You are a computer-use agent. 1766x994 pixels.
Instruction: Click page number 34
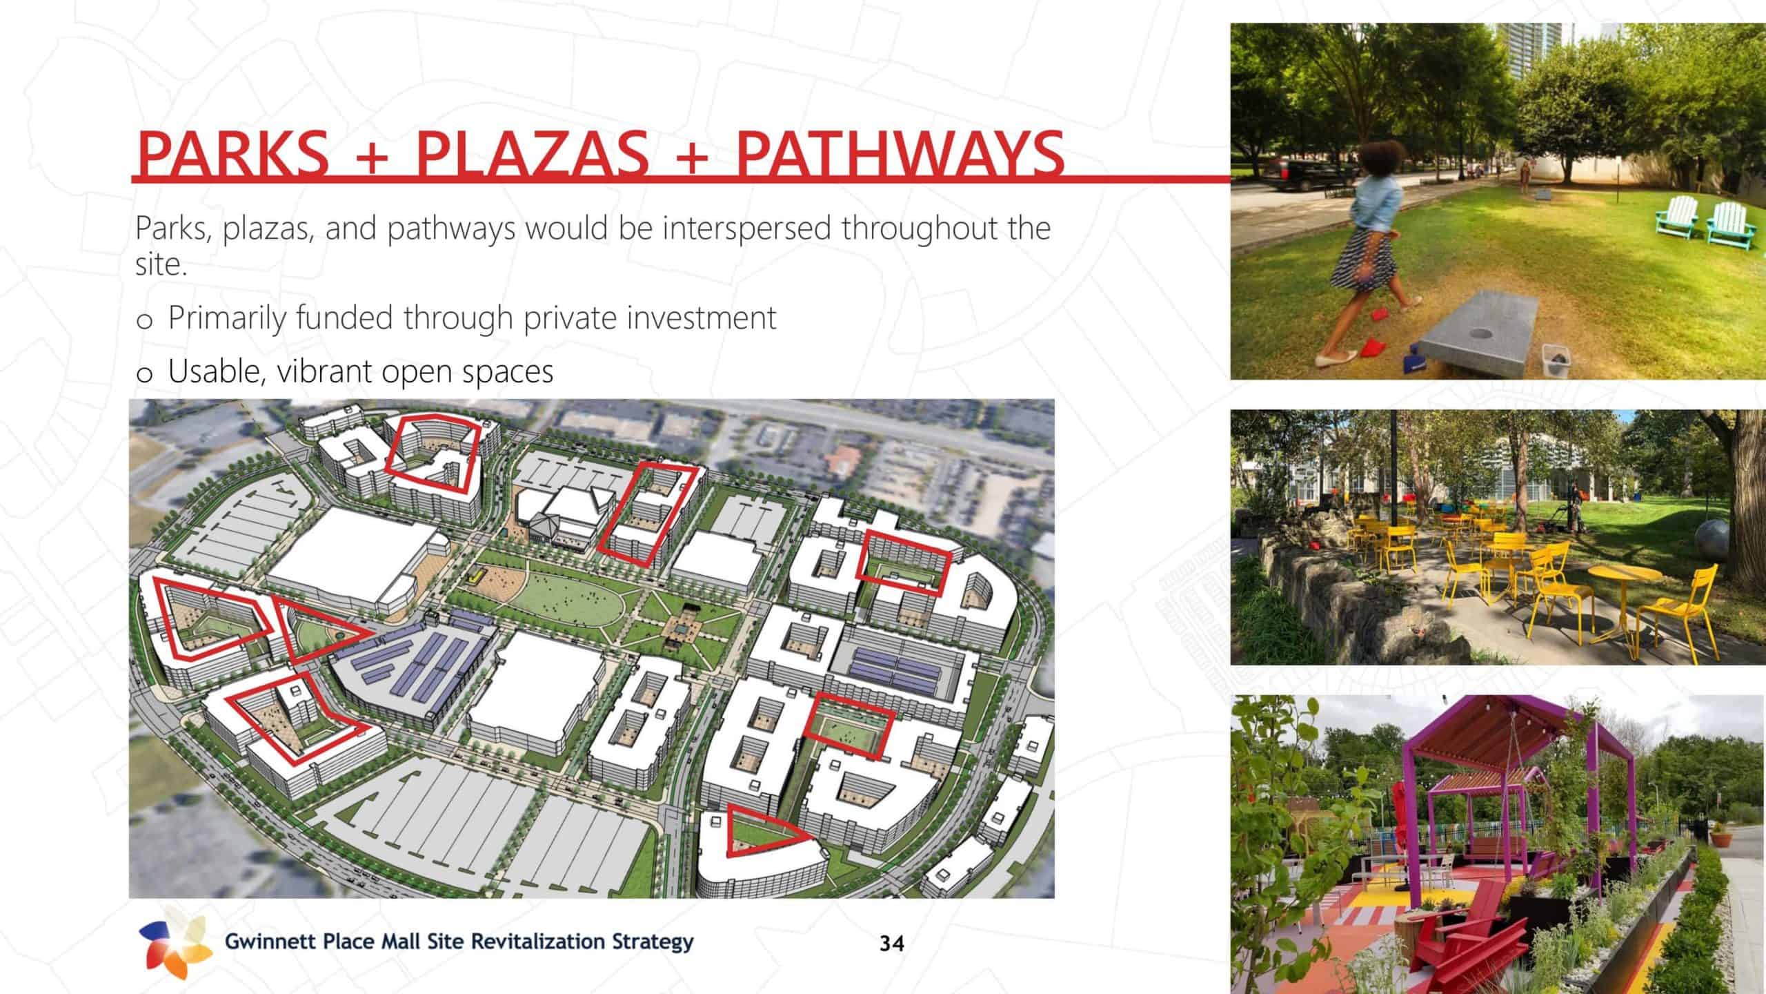point(891,943)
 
